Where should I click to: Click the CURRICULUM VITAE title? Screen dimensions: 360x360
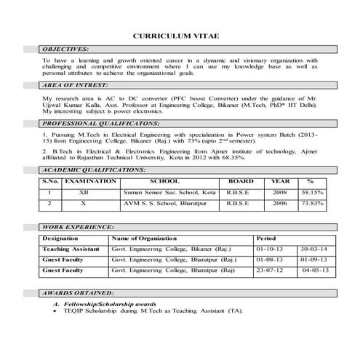coord(180,34)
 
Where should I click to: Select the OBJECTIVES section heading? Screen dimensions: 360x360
coord(66,47)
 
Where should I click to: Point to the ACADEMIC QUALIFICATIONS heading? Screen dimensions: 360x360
coord(94,168)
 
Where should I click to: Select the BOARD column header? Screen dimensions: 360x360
coord(241,180)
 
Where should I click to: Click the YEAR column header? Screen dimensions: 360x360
coord(280,180)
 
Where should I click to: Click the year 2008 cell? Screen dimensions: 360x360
coord(280,192)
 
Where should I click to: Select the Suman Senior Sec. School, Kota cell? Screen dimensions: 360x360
coord(170,192)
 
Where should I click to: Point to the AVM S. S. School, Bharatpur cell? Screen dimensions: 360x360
coord(166,204)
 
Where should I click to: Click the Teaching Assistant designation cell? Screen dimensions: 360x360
coord(71,249)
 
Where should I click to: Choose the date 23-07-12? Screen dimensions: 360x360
coord(270,270)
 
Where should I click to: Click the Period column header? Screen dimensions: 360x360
coord(266,239)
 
